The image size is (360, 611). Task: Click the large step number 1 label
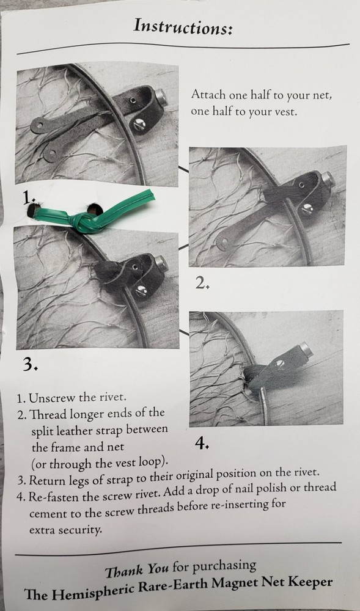26,199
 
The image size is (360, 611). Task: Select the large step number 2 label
202,284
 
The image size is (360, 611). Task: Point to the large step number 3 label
29,364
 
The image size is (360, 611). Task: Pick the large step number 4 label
202,442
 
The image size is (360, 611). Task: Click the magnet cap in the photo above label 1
161,97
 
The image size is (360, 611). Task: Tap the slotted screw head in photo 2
307,209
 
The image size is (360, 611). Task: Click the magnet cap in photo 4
306,349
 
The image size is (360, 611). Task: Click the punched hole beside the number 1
33,210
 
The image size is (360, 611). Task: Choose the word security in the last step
81,530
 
